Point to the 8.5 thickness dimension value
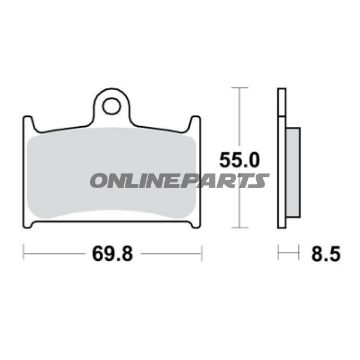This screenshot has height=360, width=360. (x=319, y=255)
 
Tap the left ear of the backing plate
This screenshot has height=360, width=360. (x=26, y=127)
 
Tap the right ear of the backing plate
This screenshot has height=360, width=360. (x=190, y=127)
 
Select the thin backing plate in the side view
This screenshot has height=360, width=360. (x=280, y=160)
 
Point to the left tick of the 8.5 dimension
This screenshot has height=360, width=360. (x=278, y=255)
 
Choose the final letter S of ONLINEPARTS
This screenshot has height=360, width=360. (x=261, y=180)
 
